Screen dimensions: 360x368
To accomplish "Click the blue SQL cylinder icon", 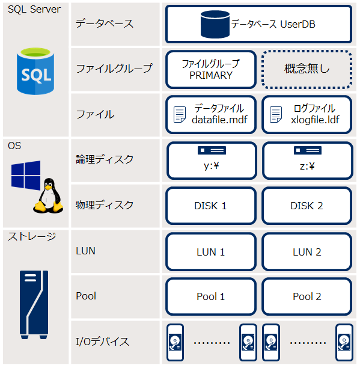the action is pyautogui.click(x=35, y=71).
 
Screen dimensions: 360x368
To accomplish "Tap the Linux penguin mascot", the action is pyautogui.click(x=48, y=195).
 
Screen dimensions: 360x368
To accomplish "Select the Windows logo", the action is pyautogui.click(x=26, y=175).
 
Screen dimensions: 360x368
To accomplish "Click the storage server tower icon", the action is pyautogui.click(x=34, y=305).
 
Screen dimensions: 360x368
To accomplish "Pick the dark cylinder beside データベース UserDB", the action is pyautogui.click(x=215, y=24).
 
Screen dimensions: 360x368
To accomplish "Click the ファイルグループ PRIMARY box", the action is pyautogui.click(x=211, y=70).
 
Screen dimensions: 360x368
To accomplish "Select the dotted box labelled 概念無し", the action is pyautogui.click(x=307, y=70).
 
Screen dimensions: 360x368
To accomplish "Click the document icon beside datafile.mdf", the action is pyautogui.click(x=180, y=114).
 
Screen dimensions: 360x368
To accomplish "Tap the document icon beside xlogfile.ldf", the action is pyautogui.click(x=276, y=114).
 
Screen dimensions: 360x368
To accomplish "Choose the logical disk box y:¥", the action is pyautogui.click(x=212, y=161).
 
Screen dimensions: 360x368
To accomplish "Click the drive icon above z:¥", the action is pyautogui.click(x=308, y=150).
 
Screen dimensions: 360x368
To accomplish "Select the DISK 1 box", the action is pyautogui.click(x=211, y=206).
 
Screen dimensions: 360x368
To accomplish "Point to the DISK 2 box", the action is pyautogui.click(x=307, y=206).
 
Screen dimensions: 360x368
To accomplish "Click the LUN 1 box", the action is pyautogui.click(x=211, y=251).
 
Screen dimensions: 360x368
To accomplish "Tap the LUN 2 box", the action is pyautogui.click(x=307, y=251).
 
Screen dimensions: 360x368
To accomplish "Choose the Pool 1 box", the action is pyautogui.click(x=211, y=296).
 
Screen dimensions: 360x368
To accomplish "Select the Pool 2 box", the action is pyautogui.click(x=307, y=296).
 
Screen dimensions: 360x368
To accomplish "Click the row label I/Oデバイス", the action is pyautogui.click(x=103, y=342).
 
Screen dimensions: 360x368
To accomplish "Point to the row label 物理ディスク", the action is pyautogui.click(x=105, y=205).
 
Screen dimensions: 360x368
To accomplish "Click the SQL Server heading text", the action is pyautogui.click(x=34, y=10).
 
